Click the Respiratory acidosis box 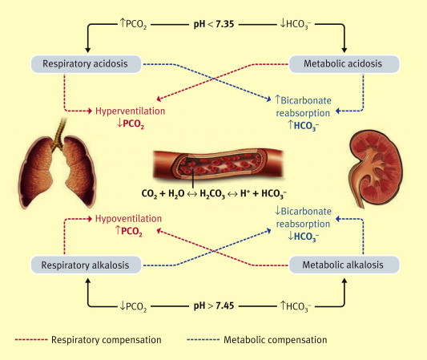(x=86, y=64)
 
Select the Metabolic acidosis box (x=344, y=64)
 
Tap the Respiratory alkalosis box (x=86, y=265)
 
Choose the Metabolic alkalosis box (x=344, y=265)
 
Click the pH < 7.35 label (x=213, y=24)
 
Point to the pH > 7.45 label (x=213, y=305)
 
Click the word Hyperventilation (x=130, y=111)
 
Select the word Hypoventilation (x=128, y=219)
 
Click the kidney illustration (x=376, y=168)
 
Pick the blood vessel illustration (x=219, y=164)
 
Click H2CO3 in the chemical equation (x=212, y=194)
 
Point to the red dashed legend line (x=31, y=340)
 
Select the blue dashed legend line (x=203, y=340)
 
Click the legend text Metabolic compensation (x=276, y=340)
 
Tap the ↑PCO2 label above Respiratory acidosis (x=133, y=24)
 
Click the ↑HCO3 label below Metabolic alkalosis (x=296, y=306)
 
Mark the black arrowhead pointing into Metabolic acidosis (x=344, y=50)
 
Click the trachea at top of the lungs (x=59, y=134)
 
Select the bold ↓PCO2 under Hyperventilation (x=130, y=124)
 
